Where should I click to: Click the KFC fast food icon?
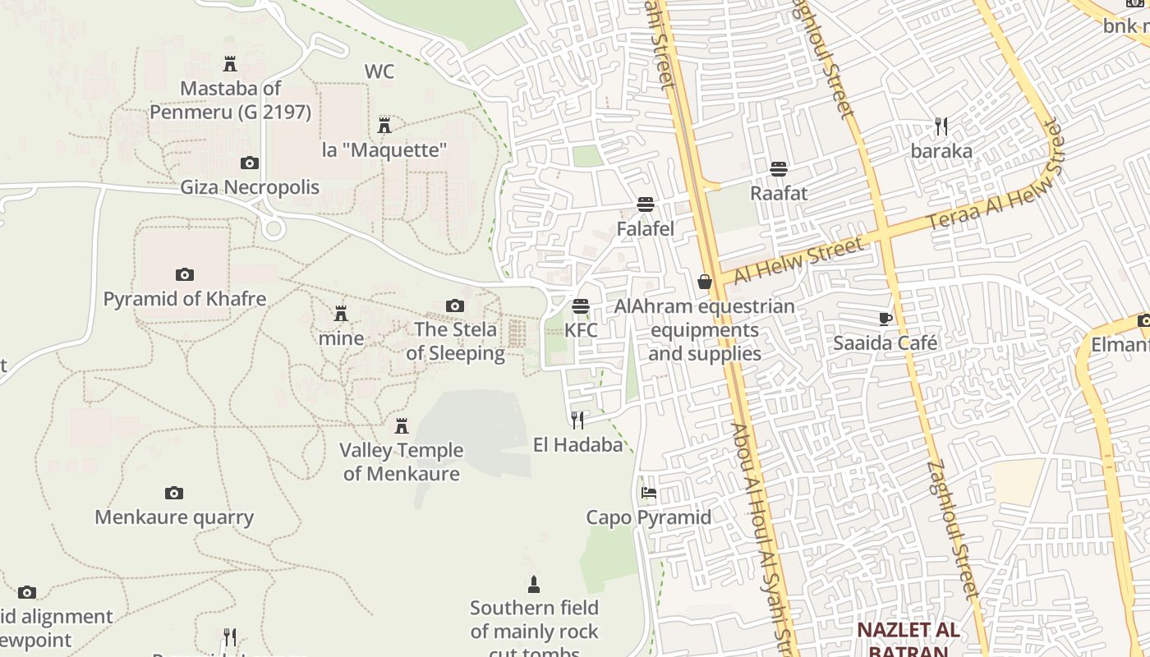pos(581,306)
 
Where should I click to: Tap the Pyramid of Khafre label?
pos(185,298)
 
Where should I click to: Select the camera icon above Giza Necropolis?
pos(249,163)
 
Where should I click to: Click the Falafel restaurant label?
pos(645,229)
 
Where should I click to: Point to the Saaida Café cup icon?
pos(885,319)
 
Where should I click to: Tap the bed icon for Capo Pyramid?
pos(649,493)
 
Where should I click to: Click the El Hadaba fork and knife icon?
pos(577,420)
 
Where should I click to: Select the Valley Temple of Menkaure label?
pos(402,462)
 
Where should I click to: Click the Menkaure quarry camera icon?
pos(173,493)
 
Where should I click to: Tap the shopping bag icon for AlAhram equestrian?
pos(704,282)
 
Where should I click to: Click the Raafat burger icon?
pos(778,169)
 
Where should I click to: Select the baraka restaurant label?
pos(941,151)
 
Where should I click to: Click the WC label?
pos(379,71)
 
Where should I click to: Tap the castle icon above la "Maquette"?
pos(384,126)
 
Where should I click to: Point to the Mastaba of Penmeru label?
pos(231,99)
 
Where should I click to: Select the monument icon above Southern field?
pos(534,585)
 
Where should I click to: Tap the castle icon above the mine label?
pos(340,313)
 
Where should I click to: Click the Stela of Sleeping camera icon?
pos(454,306)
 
